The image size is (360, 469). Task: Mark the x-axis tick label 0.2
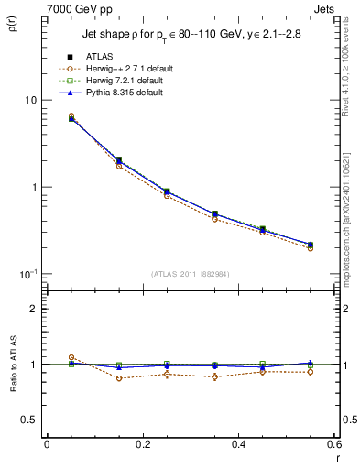pos(143,444)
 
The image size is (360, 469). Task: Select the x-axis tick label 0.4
pos(239,444)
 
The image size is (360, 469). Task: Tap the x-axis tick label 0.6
pos(333,444)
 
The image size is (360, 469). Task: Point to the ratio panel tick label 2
pos(36,309)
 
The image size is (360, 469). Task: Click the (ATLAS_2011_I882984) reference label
pos(191,274)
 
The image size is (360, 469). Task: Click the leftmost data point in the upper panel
pos(71,118)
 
